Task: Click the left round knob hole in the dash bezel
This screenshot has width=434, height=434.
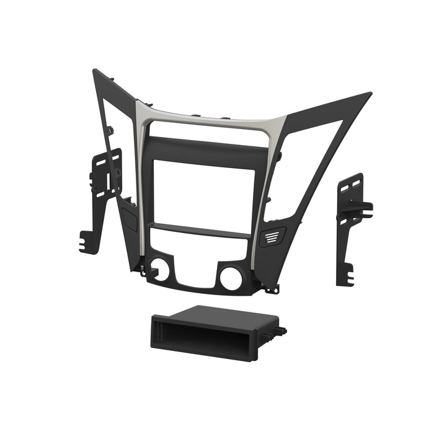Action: click(x=160, y=268)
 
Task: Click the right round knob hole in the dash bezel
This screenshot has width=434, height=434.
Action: click(x=231, y=278)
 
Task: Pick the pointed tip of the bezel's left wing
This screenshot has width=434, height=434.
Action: click(x=95, y=73)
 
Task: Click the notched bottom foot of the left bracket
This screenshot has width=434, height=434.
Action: click(x=89, y=242)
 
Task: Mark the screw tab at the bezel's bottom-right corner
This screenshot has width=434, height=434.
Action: click(x=271, y=289)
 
